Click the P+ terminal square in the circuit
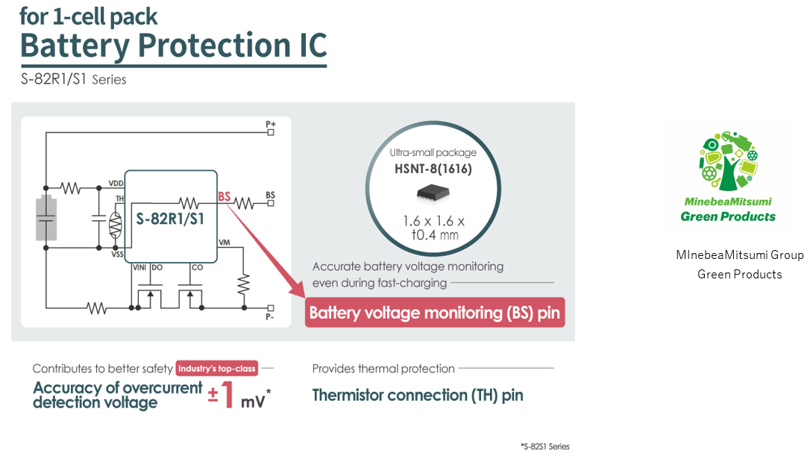click(x=270, y=132)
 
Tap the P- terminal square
click(x=270, y=308)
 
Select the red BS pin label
click(x=224, y=197)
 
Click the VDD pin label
click(x=116, y=183)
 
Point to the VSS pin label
click(x=117, y=254)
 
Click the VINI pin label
click(x=139, y=266)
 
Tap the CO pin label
click(x=197, y=266)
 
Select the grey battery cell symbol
click(x=46, y=219)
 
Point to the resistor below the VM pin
click(x=244, y=283)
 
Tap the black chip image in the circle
click(x=433, y=193)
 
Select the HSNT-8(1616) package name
click(x=433, y=169)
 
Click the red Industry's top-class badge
click(x=216, y=369)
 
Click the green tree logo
click(x=728, y=163)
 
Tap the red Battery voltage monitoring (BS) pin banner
click(x=435, y=313)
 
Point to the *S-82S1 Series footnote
click(x=544, y=446)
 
